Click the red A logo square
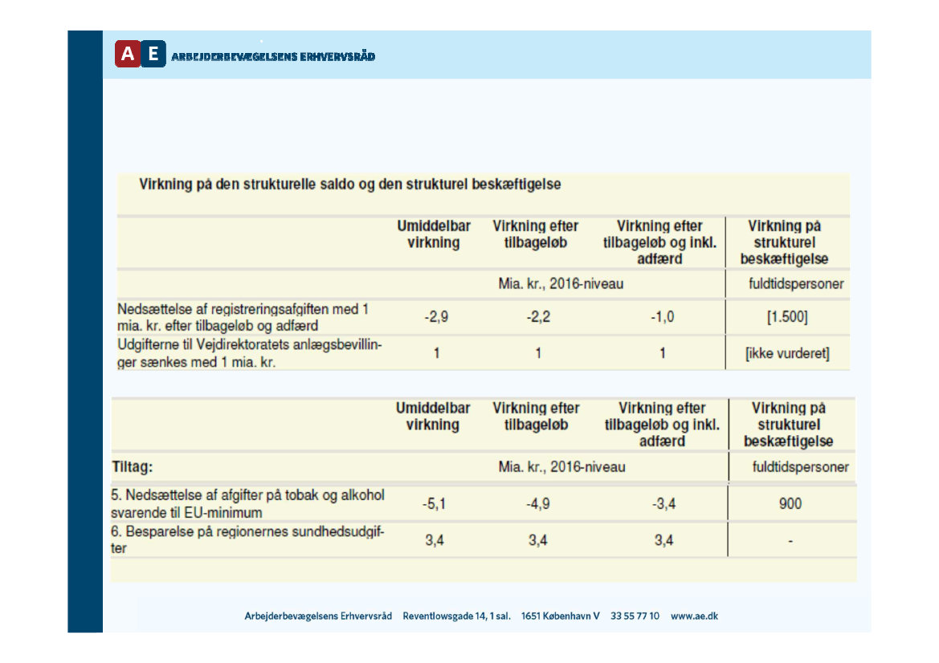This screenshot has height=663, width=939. click(x=128, y=54)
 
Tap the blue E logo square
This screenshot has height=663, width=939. click(x=153, y=54)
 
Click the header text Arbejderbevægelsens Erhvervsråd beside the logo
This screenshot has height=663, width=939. click(x=273, y=56)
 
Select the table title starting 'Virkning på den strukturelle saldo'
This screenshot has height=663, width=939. click(x=350, y=184)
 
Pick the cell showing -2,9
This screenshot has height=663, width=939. click(x=436, y=317)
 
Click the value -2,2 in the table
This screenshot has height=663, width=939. click(x=538, y=317)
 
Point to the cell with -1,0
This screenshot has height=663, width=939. click(x=662, y=317)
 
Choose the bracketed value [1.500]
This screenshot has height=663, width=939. click(x=787, y=317)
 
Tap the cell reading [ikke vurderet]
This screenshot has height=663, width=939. click(x=787, y=353)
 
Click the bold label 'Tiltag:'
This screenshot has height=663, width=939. click(x=132, y=466)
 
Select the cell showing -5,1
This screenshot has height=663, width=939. click(x=434, y=504)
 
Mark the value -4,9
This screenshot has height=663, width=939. click(x=537, y=504)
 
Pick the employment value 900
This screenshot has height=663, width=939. click(x=790, y=504)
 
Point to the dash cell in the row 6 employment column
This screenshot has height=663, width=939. click(x=790, y=542)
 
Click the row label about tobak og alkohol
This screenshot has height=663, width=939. click(x=247, y=503)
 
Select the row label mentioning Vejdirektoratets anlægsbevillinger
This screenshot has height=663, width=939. click(x=249, y=353)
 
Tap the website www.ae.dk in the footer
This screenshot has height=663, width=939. click(x=694, y=616)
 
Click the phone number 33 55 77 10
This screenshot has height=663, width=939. click(x=635, y=616)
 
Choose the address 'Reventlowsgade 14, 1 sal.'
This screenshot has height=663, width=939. click(x=457, y=616)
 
